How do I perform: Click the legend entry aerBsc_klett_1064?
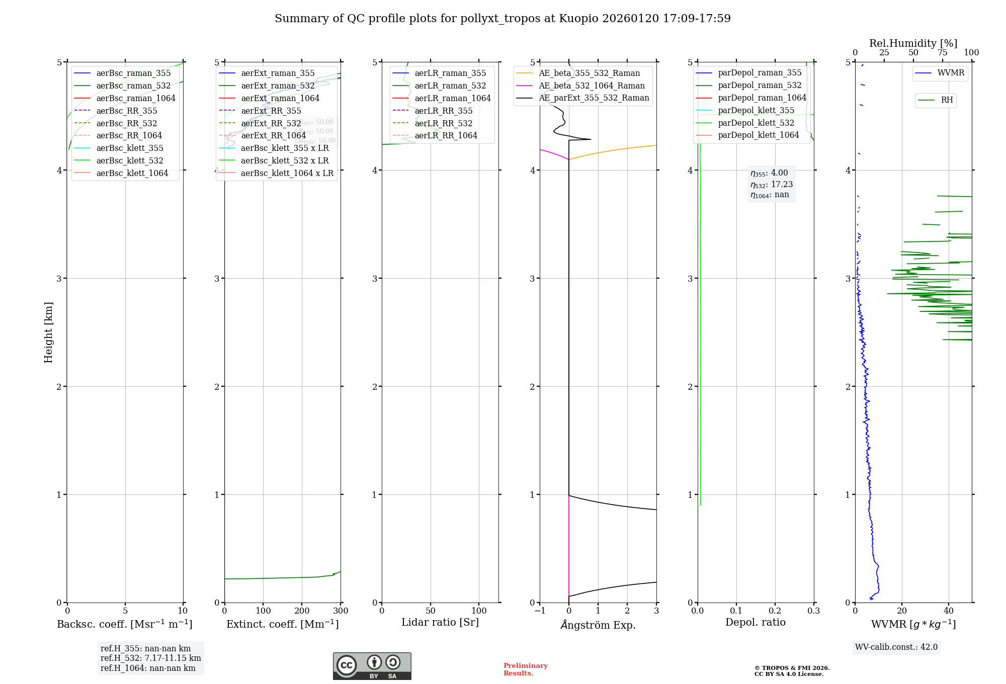[132, 173]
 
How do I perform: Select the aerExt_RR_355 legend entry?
[271, 111]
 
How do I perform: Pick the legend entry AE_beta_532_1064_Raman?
[592, 85]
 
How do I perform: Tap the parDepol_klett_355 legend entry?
[756, 110]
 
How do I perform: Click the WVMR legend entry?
[950, 73]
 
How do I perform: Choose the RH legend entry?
[946, 100]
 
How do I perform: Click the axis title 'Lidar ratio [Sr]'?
[440, 622]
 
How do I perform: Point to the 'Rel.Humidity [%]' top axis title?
[913, 43]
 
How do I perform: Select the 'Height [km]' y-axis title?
[48, 332]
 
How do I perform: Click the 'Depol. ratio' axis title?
[755, 622]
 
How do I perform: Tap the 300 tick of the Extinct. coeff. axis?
[341, 611]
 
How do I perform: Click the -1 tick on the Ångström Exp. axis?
[540, 611]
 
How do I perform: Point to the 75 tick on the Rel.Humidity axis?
[942, 53]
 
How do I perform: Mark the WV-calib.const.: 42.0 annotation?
[896, 647]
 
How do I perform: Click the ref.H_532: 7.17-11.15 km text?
[150, 658]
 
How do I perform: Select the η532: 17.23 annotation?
[771, 184]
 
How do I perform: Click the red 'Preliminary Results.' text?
[525, 669]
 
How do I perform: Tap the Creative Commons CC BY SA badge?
[372, 666]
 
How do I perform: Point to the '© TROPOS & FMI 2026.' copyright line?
[792, 668]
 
